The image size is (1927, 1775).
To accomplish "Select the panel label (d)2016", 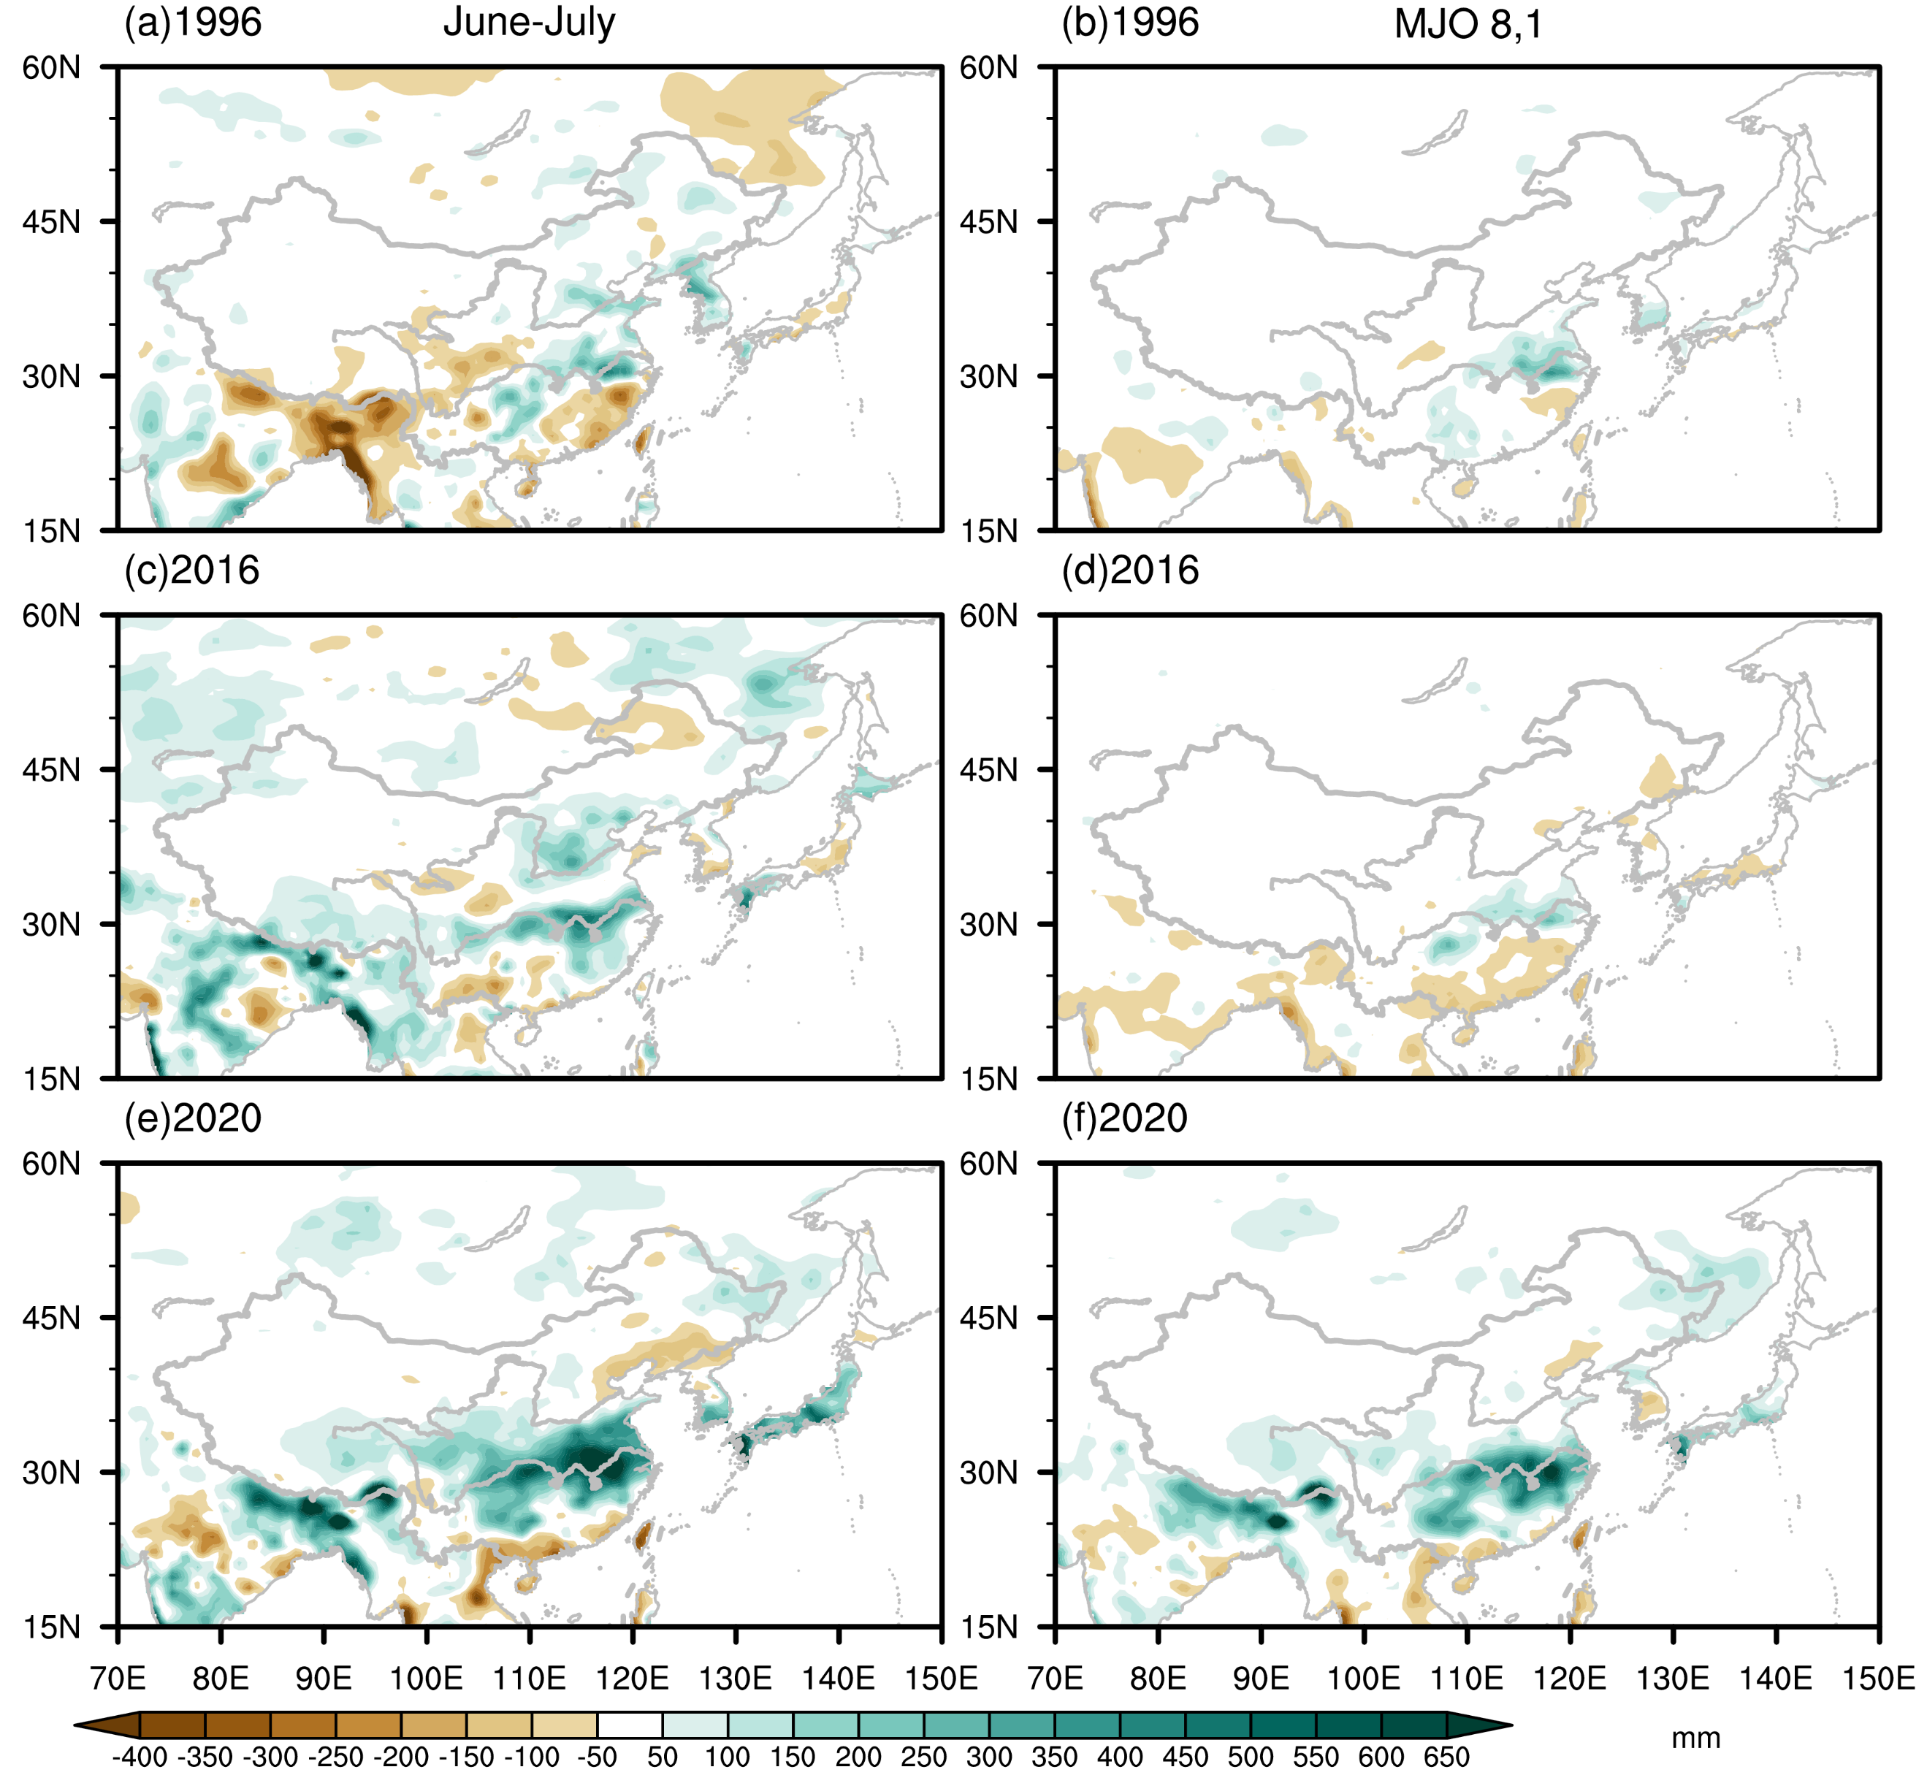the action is [1130, 570].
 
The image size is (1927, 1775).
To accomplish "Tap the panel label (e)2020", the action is [193, 1119].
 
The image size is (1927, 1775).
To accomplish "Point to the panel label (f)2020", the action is [1124, 1119].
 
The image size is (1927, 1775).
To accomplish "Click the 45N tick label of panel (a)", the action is [51, 222].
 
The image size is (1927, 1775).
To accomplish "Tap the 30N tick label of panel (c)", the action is [51, 924].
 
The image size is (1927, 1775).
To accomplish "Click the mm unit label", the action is [1695, 1738].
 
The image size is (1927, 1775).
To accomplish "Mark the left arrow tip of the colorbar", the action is [75, 1726].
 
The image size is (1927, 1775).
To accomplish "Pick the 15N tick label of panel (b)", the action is [988, 531].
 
